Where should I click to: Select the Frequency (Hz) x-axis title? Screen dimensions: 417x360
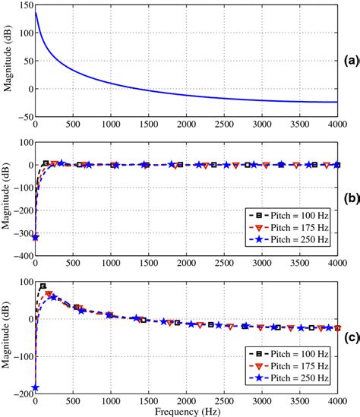coord(186,410)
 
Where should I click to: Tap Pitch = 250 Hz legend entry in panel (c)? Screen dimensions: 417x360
coord(289,378)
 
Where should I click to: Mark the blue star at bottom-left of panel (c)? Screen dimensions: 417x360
coord(36,387)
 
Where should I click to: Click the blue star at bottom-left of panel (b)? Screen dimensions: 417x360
coord(36,238)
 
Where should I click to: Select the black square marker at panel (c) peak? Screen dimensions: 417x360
coord(43,287)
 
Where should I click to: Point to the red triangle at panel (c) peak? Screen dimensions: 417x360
coord(49,294)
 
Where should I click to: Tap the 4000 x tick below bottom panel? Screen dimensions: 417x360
coord(335,402)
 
